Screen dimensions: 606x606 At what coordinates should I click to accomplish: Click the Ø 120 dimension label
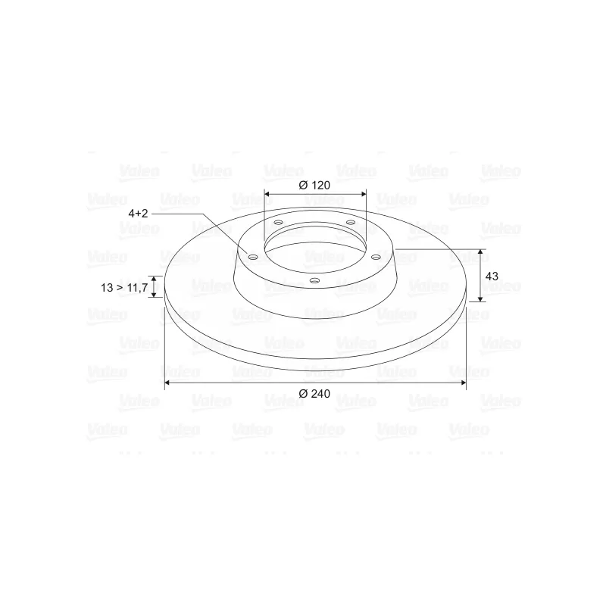point(314,185)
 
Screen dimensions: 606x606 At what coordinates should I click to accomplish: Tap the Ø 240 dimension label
point(314,393)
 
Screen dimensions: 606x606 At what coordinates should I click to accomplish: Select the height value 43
point(492,276)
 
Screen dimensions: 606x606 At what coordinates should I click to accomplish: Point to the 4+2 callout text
point(138,214)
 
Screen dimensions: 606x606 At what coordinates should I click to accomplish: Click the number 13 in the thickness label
point(107,288)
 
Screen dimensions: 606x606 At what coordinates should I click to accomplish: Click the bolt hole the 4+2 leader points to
point(252,257)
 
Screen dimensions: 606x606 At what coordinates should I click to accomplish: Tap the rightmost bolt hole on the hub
point(376,257)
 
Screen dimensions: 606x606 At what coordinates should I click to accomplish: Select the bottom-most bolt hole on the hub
point(315,280)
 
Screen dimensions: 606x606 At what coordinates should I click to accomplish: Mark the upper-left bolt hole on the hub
point(278,222)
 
